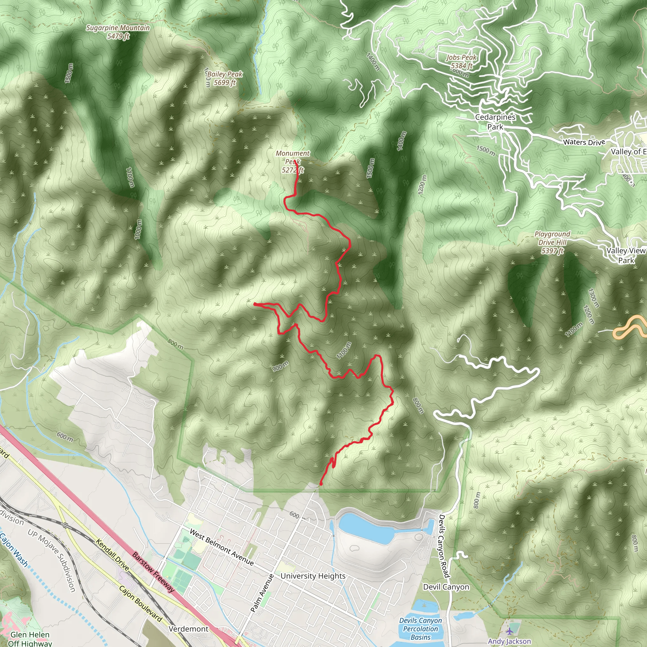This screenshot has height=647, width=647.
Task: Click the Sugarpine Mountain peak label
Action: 118,32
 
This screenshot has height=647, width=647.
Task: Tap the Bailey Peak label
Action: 225,78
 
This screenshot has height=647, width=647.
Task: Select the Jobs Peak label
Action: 461,62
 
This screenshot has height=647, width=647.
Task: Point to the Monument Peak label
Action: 293,161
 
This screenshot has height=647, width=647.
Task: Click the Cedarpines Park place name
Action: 495,122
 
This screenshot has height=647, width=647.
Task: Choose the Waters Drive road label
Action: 584,142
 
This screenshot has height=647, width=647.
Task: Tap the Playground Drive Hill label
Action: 552,242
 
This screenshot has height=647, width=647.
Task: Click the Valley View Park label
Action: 626,256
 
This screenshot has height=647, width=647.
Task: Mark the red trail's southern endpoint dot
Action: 321,484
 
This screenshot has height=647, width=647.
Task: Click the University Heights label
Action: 313,576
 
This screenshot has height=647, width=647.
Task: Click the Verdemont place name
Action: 189,629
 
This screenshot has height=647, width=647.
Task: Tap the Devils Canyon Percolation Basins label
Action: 420,629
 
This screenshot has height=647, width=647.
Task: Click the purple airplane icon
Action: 509,631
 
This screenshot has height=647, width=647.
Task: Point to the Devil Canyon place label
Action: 446,587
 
